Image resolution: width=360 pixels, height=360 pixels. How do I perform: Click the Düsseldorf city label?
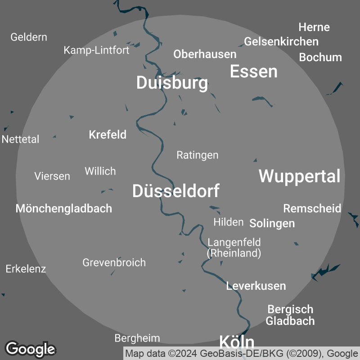[x=176, y=191]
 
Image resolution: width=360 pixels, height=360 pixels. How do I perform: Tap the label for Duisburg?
[x=172, y=83]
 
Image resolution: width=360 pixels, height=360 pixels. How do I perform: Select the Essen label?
[x=254, y=72]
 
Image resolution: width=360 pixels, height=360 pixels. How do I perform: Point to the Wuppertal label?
[x=299, y=176]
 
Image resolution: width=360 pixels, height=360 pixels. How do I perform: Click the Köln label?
[x=237, y=342]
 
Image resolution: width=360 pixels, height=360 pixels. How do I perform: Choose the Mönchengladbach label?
[x=64, y=208]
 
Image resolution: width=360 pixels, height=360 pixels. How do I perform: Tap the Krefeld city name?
[x=108, y=135]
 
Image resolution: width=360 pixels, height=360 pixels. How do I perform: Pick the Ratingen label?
[x=197, y=155]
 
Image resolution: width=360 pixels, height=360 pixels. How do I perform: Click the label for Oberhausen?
[x=205, y=54]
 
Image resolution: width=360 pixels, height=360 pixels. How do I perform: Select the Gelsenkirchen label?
[x=281, y=42]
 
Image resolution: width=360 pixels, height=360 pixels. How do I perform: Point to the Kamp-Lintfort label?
[x=96, y=50]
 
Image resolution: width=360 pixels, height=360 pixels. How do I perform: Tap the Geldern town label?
[x=29, y=37]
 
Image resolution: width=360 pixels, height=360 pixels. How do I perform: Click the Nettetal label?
[x=21, y=139]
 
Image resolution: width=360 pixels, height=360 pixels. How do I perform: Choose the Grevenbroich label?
[x=114, y=262]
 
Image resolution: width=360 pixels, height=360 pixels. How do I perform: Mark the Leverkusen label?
[x=256, y=286]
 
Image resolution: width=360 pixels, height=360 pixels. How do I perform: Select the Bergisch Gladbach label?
[x=290, y=315]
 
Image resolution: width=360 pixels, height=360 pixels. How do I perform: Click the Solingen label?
[x=272, y=223]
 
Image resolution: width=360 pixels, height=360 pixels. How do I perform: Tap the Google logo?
[x=30, y=349]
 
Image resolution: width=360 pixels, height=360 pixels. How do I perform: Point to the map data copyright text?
[x=242, y=353]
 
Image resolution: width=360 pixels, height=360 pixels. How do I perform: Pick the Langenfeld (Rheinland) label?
[x=234, y=248]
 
